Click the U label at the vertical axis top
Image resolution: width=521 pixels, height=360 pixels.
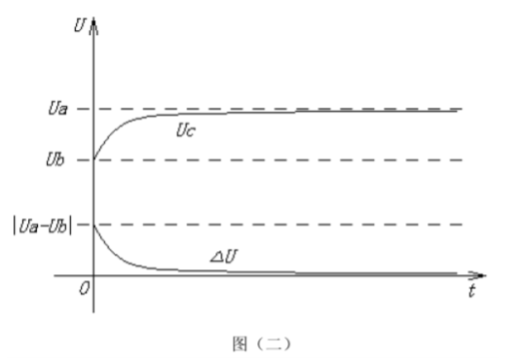pos(80,25)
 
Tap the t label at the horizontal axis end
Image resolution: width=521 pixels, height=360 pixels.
pos(472,291)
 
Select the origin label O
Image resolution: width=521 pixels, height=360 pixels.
pos(85,289)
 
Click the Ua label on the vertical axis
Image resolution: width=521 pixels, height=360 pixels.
pos(58,109)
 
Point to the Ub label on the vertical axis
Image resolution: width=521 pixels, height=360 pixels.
pos(56,160)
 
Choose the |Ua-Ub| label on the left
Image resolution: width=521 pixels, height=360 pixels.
pos(43,226)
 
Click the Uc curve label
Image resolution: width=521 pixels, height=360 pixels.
pos(186,130)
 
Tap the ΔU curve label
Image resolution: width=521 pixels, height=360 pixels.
pos(224,257)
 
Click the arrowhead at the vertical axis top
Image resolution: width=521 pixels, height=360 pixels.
pos(93,26)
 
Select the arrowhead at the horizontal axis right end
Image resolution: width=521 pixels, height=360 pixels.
pos(477,275)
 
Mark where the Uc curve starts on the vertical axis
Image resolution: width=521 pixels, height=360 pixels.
pos(93,160)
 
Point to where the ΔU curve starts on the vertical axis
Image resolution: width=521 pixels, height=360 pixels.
pos(93,225)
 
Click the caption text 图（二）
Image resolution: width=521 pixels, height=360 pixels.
pos(262,343)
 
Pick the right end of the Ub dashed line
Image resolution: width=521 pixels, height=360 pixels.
pos(463,161)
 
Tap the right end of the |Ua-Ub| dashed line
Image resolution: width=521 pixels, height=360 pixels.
pos(463,225)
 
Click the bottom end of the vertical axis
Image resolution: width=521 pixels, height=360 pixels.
pos(93,312)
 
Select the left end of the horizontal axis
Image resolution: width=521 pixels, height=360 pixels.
pos(55,275)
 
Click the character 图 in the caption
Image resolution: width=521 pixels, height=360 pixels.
pos(240,343)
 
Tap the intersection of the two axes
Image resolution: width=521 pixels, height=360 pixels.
pos(93,275)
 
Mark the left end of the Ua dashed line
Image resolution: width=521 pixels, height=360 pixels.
pos(78,109)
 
